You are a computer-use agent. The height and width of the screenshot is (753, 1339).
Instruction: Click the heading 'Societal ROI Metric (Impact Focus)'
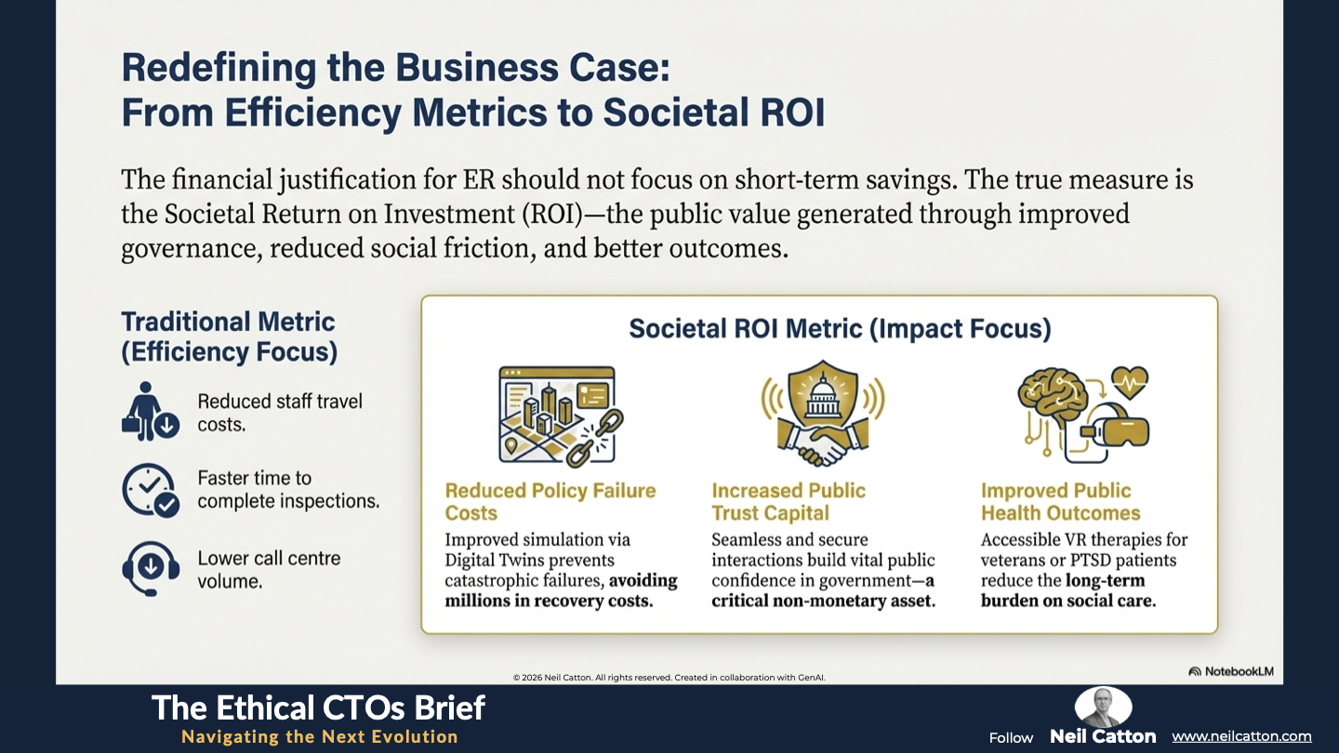tap(840, 329)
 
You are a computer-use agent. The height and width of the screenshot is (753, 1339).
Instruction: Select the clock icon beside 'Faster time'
tap(150, 490)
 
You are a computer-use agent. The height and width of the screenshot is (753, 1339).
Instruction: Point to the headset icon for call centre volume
tap(151, 568)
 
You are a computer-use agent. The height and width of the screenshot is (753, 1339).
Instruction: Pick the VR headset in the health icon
tap(1115, 425)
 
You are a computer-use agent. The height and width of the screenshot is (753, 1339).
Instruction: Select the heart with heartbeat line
tap(1129, 382)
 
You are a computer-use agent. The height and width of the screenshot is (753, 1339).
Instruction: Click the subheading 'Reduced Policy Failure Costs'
tap(550, 501)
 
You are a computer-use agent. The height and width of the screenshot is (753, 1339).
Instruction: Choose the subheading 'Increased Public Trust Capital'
tap(789, 501)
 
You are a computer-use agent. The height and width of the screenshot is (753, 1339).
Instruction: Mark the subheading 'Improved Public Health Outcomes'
tap(1060, 501)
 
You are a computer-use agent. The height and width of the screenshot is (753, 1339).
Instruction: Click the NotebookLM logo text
tap(1239, 671)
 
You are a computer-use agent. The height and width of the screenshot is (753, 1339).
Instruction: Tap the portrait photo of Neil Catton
tap(1103, 707)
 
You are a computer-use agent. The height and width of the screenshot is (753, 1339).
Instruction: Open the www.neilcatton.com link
tap(1241, 736)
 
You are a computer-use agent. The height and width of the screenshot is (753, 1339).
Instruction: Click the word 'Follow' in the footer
tap(1011, 738)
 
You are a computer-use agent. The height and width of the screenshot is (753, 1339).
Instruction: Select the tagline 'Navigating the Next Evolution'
tap(320, 736)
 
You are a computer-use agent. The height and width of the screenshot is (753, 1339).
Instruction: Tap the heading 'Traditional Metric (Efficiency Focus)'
tap(229, 337)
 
